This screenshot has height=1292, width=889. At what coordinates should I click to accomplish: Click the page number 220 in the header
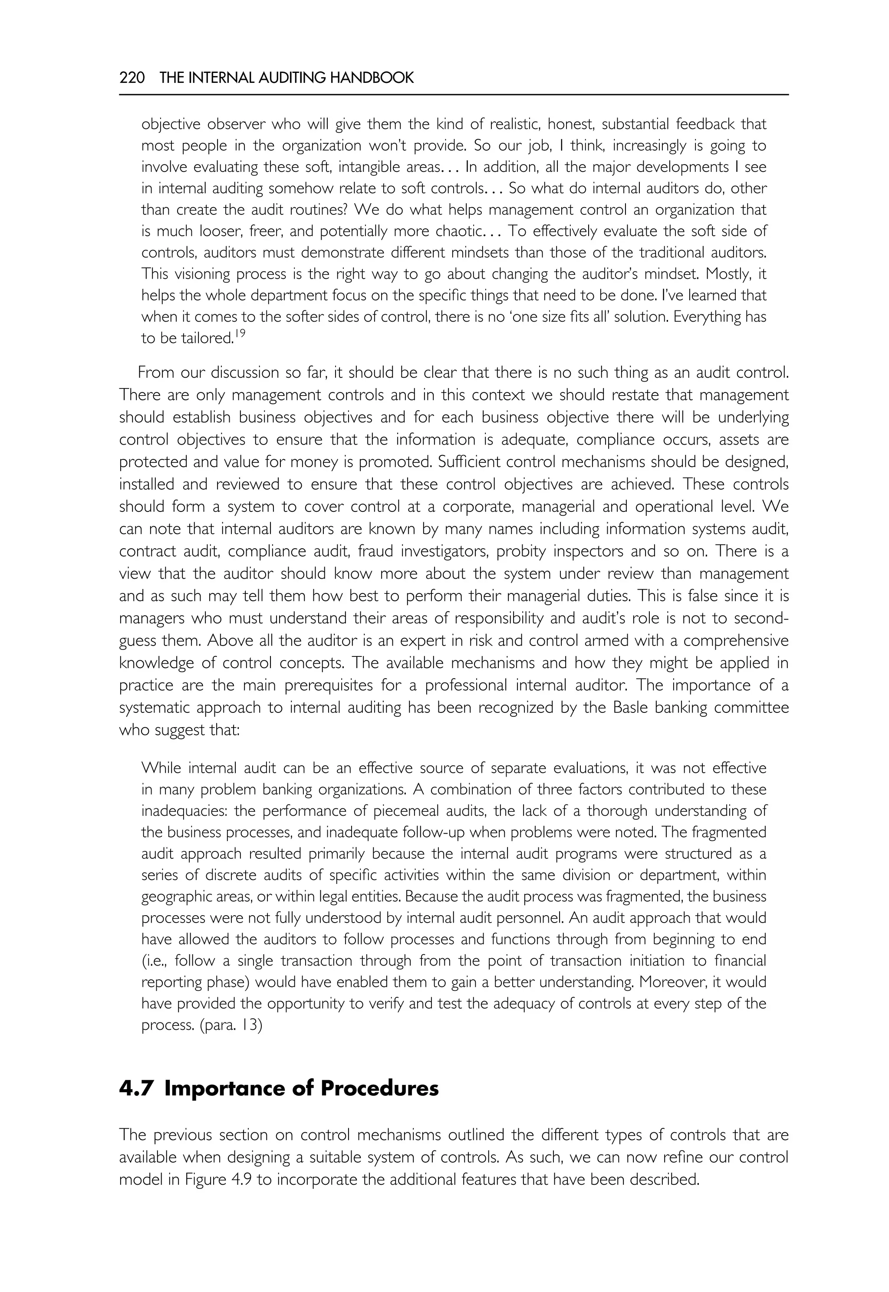click(132, 78)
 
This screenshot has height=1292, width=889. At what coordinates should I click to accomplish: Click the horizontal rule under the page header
click(454, 95)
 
